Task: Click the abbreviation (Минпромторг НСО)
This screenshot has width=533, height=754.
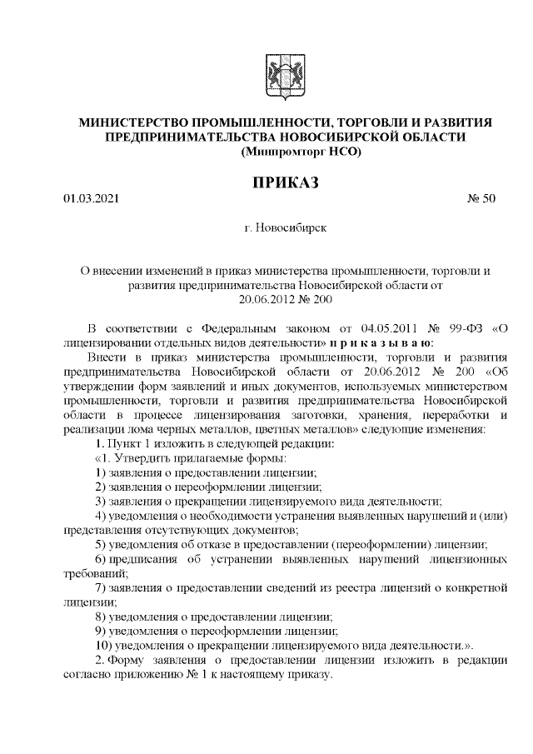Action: point(300,151)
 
